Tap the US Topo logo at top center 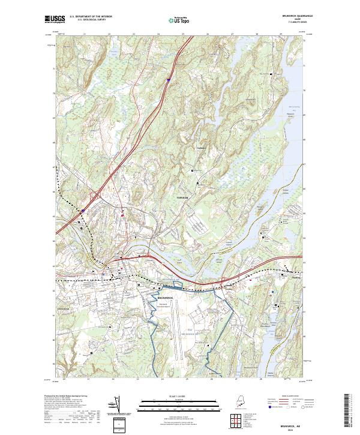pos(175,20)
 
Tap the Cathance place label pos(201,148)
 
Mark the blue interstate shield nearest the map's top pos(169,78)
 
